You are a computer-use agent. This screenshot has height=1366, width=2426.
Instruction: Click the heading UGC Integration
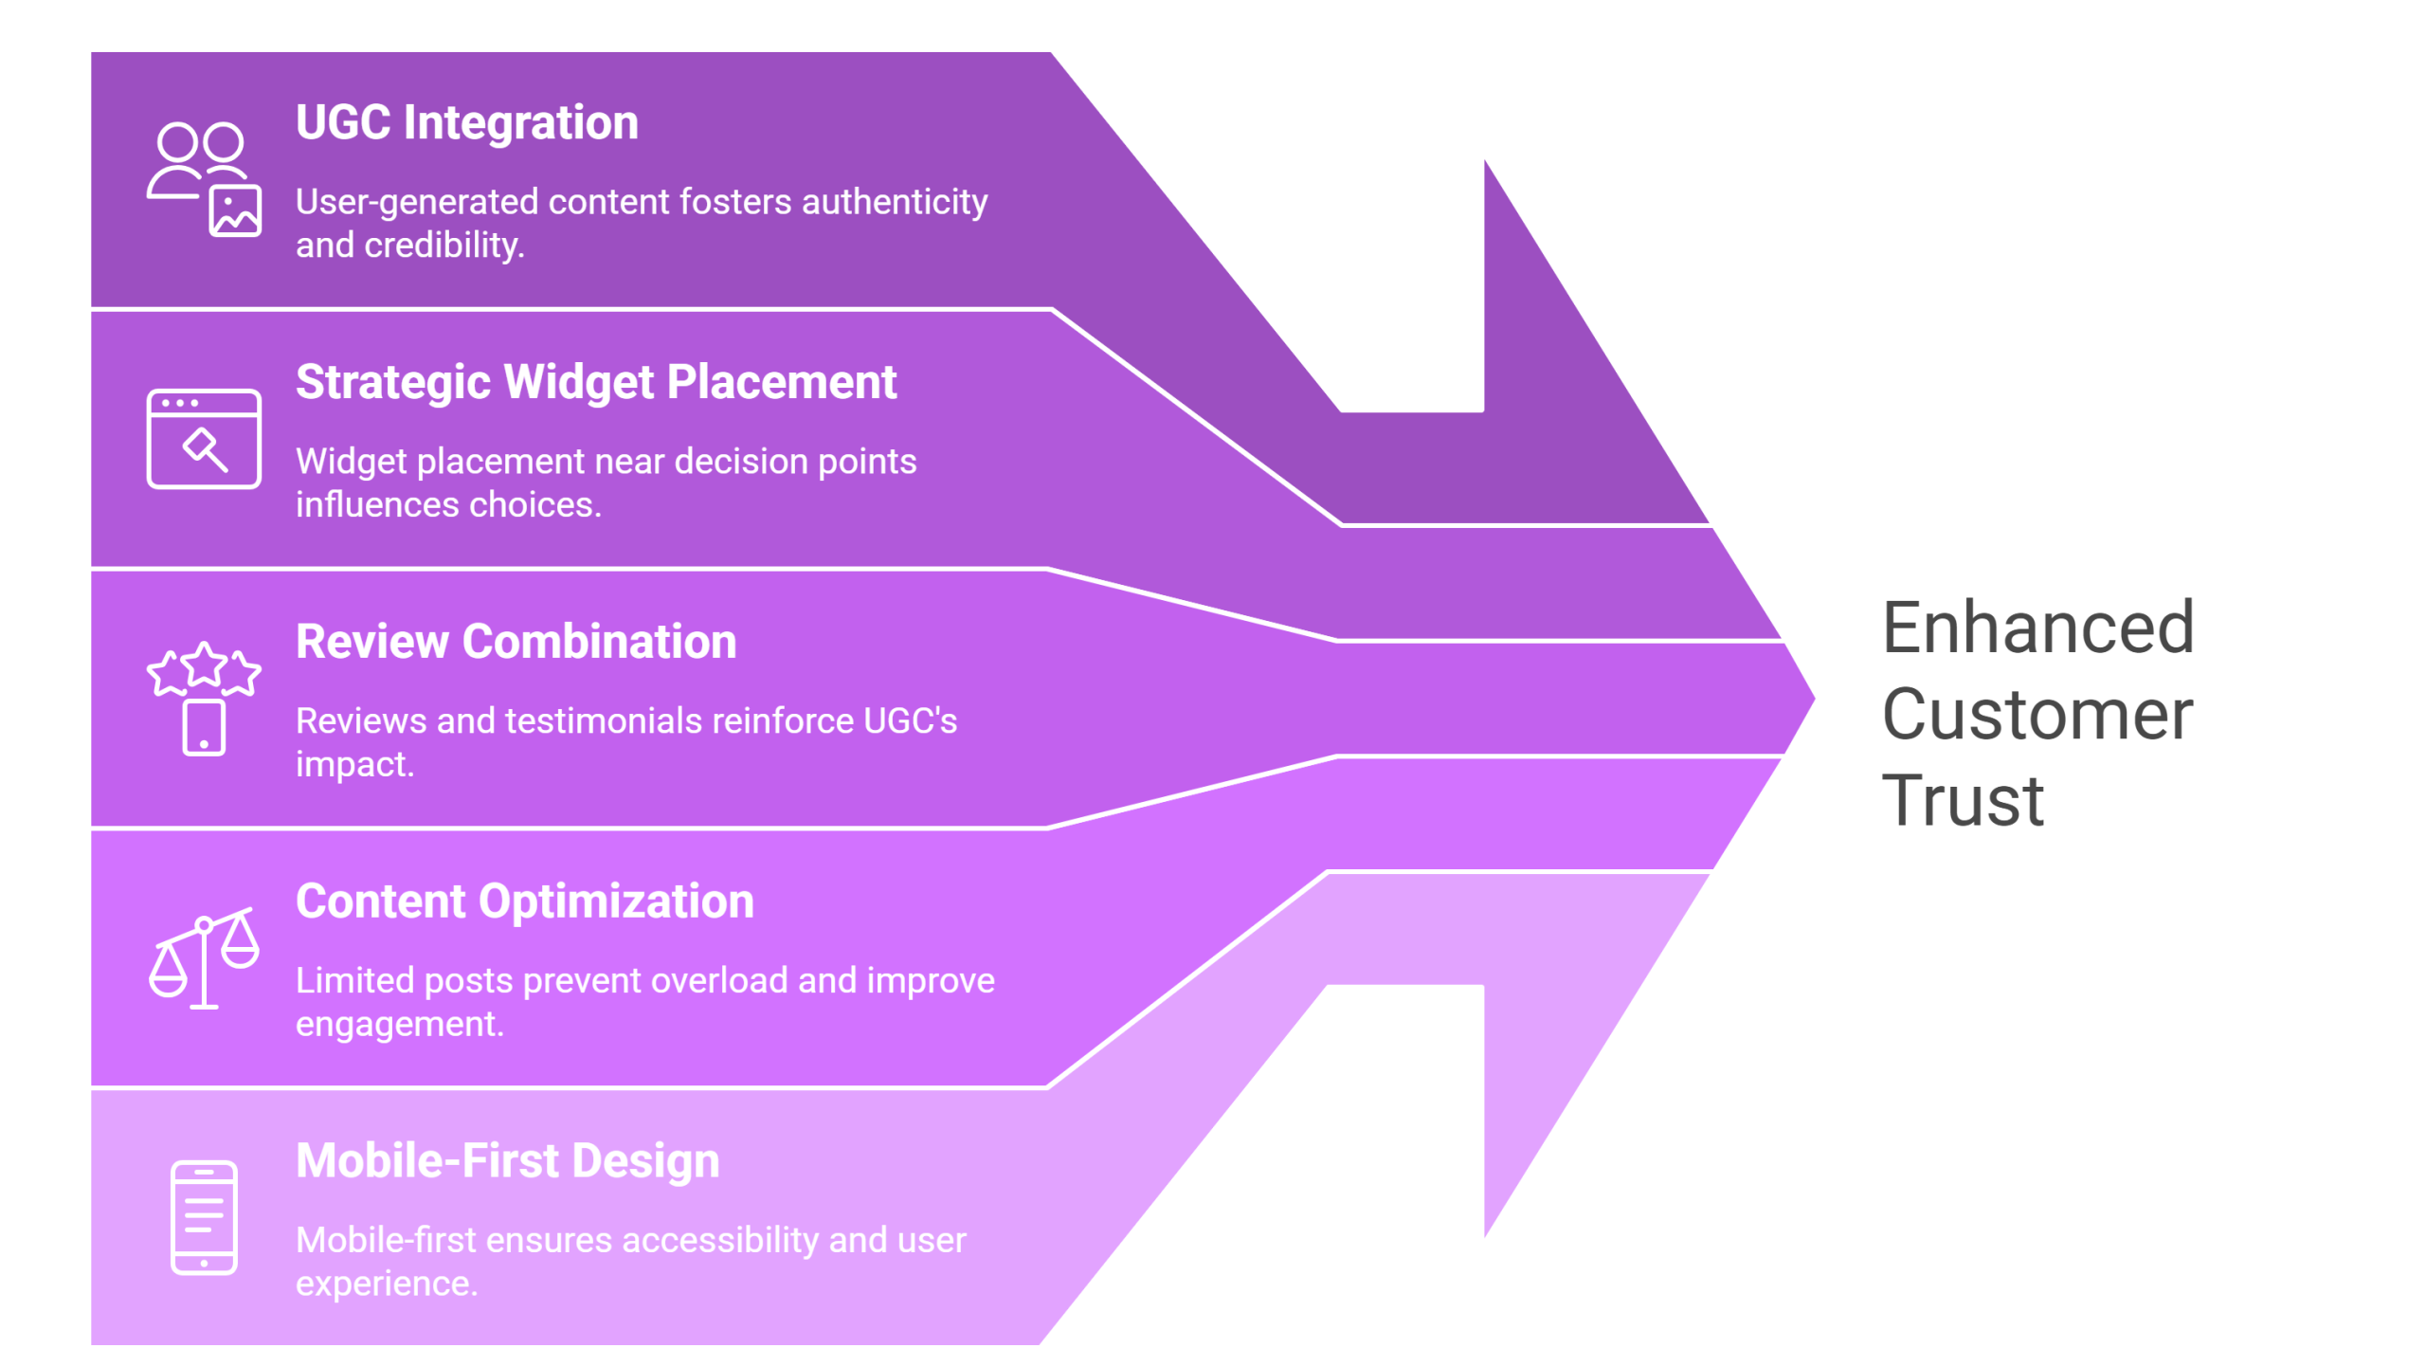467,123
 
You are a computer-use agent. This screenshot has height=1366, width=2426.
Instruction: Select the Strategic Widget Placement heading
595,383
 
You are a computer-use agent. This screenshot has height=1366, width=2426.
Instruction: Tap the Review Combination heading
516,642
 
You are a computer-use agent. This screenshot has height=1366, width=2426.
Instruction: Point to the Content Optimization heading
524,902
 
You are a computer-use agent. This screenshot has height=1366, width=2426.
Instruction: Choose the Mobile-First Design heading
507,1161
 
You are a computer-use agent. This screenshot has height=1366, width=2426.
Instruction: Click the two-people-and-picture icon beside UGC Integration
204,179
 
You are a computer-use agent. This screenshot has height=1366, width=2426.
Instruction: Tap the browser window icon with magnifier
204,439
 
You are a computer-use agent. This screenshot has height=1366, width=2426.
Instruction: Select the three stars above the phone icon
204,669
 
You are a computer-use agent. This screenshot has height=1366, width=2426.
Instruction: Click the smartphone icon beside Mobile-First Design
204,1217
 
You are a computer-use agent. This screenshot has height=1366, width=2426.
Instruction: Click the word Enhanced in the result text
2037,628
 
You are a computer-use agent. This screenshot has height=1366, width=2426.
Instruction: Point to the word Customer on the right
2037,715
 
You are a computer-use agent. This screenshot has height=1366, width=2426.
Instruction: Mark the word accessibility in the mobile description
721,1241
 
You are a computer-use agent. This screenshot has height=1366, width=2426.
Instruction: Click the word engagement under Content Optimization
398,1025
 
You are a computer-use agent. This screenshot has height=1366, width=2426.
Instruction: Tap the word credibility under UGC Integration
444,246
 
